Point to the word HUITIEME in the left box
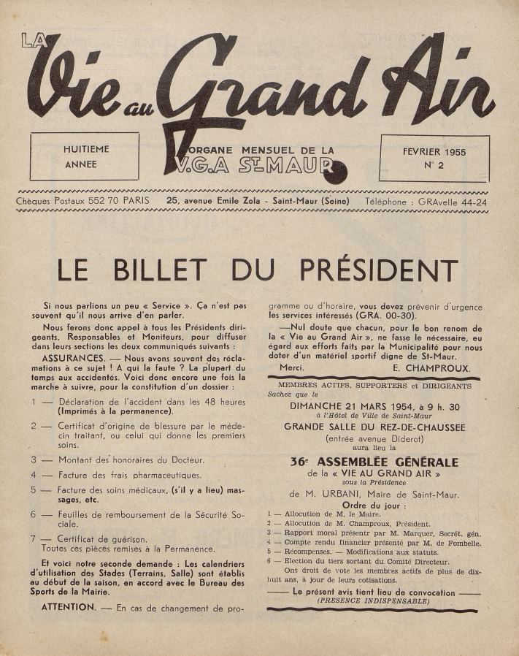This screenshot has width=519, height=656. coord(86,150)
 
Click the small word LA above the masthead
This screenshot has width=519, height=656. coord(31,42)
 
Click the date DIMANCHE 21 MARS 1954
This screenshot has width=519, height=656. coord(361,405)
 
